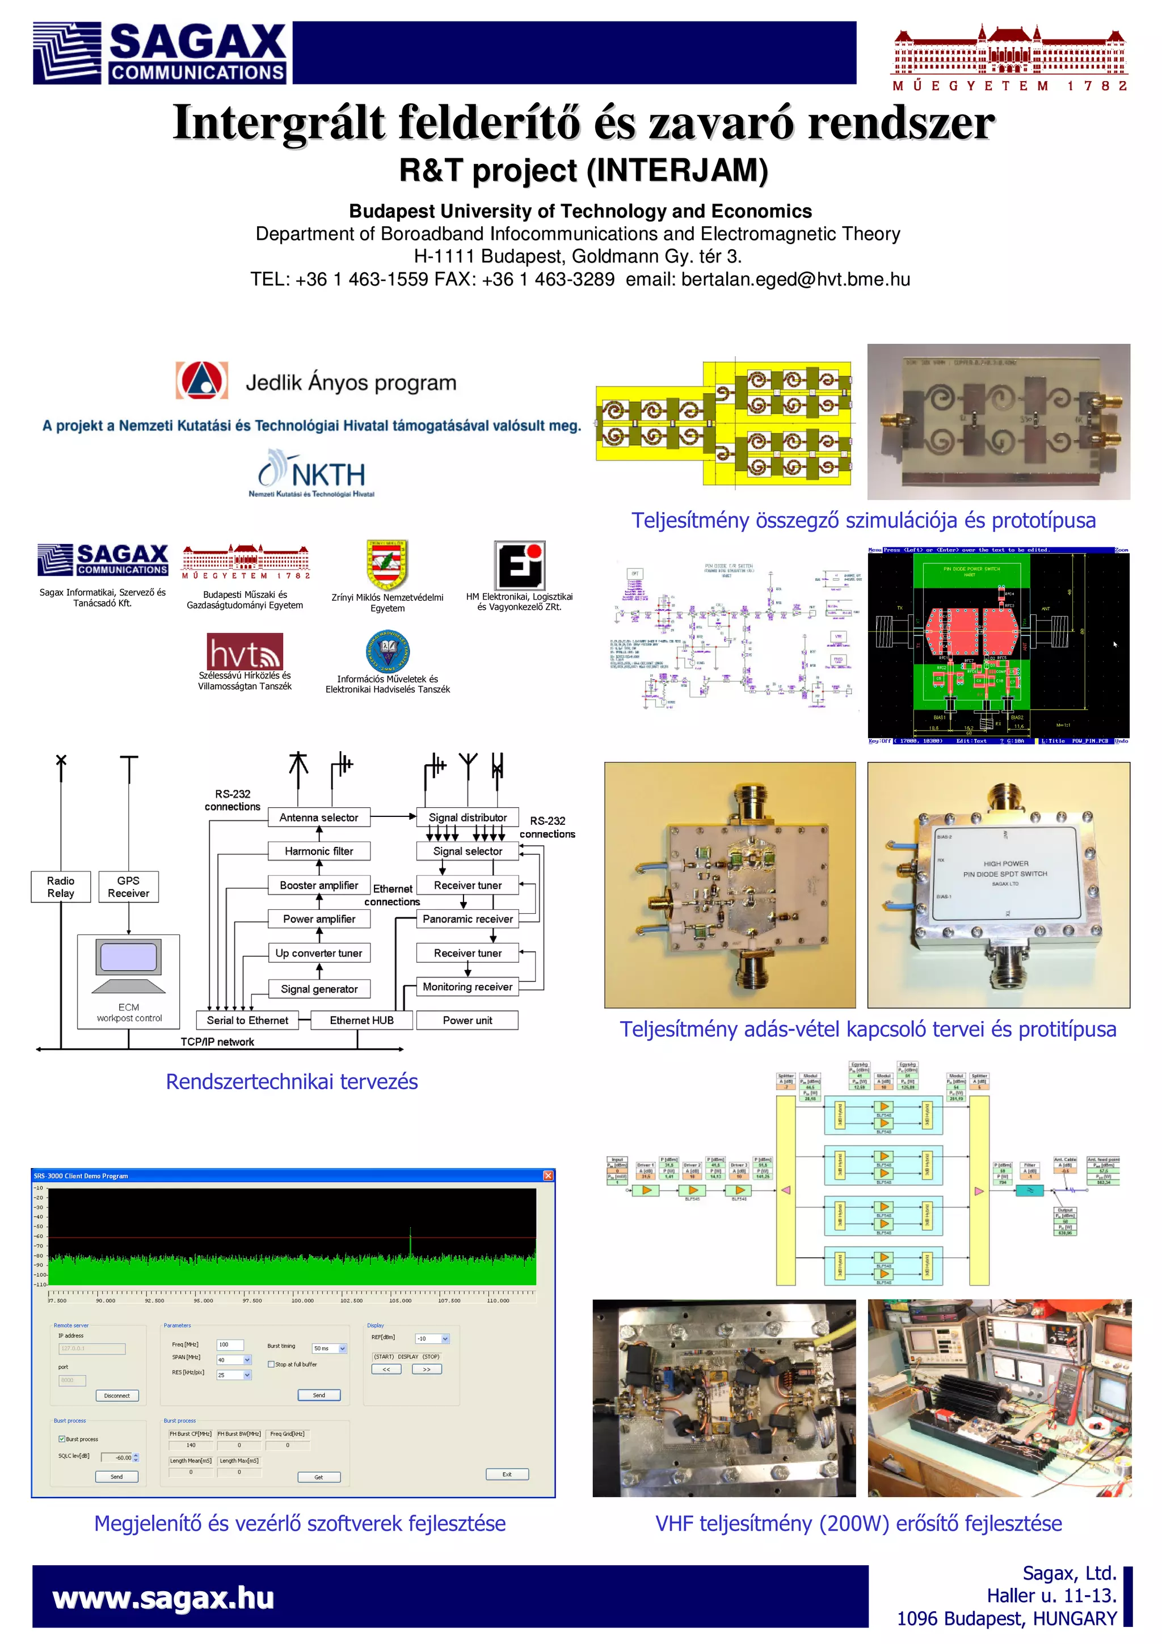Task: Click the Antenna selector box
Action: coord(319,817)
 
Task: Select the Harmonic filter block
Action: coord(319,850)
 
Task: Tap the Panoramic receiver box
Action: coord(468,918)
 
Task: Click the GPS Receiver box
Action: coord(129,887)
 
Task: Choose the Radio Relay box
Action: coord(61,887)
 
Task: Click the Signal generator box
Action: coord(319,989)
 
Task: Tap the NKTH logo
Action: coord(312,473)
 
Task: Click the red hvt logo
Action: coord(245,652)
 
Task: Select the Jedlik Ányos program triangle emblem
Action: coord(202,380)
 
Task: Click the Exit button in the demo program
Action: coord(507,1474)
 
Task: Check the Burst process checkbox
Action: coord(62,1439)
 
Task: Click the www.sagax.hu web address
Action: coord(163,1598)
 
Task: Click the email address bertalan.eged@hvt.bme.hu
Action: coord(795,279)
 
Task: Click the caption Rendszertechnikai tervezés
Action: coord(292,1081)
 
